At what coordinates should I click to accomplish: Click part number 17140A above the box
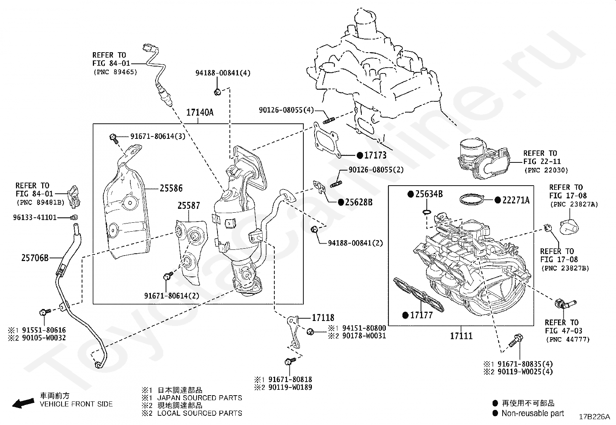200,113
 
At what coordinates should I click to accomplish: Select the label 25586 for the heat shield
171,188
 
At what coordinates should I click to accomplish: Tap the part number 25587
189,206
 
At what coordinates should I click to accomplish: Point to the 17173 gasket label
375,155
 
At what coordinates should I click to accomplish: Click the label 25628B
359,202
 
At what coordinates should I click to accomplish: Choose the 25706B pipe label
35,258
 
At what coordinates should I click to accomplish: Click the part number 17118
323,318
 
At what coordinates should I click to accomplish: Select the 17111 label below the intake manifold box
461,336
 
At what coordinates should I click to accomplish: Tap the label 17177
421,315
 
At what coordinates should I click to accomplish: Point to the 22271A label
516,200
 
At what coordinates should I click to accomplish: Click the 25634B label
429,194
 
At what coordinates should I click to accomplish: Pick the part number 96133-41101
35,217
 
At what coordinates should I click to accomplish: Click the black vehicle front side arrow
23,403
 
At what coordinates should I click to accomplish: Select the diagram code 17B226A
594,417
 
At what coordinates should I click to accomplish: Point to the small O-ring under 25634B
427,212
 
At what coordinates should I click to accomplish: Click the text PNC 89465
115,72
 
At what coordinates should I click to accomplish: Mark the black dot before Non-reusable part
495,413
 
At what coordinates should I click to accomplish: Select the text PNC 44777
568,340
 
